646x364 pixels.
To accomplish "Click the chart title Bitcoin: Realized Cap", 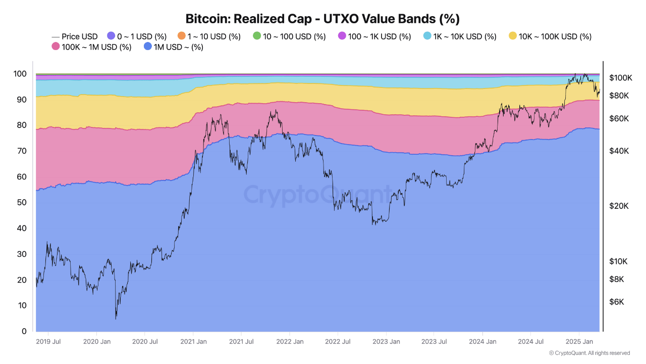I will tap(322, 19).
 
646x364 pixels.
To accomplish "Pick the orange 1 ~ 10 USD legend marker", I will tap(182, 36).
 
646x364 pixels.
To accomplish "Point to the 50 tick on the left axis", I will tap(21, 203).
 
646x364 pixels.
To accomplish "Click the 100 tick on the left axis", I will tap(19, 74).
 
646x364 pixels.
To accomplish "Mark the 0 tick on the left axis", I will tap(24, 332).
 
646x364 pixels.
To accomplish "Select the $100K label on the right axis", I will tap(620, 78).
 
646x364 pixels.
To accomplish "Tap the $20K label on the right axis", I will tap(618, 206).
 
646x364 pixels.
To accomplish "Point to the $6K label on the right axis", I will tap(617, 302).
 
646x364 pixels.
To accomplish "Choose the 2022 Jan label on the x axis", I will tap(289, 342).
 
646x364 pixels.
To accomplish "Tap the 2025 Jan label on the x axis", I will tap(579, 342).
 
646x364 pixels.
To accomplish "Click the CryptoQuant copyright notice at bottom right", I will tap(589, 353).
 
